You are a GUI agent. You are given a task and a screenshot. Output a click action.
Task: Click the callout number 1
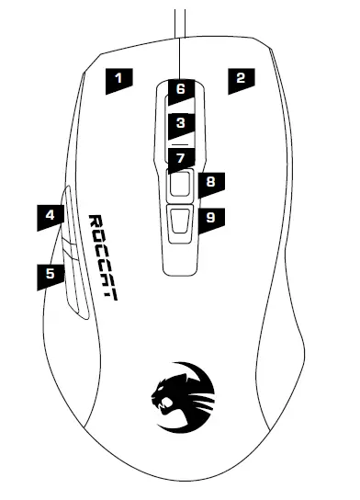[118, 78]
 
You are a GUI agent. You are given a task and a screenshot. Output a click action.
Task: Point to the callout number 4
[51, 217]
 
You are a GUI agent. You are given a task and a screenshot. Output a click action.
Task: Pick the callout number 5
[51, 273]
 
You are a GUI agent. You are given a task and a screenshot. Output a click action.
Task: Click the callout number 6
[180, 90]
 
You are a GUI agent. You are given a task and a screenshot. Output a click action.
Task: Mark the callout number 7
[181, 157]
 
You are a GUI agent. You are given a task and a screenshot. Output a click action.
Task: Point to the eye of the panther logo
[171, 387]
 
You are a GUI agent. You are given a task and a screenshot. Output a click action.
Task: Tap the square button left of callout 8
[180, 184]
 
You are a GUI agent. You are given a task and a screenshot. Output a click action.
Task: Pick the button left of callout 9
[180, 221]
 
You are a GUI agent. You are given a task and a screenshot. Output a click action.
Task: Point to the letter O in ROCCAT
[101, 238]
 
